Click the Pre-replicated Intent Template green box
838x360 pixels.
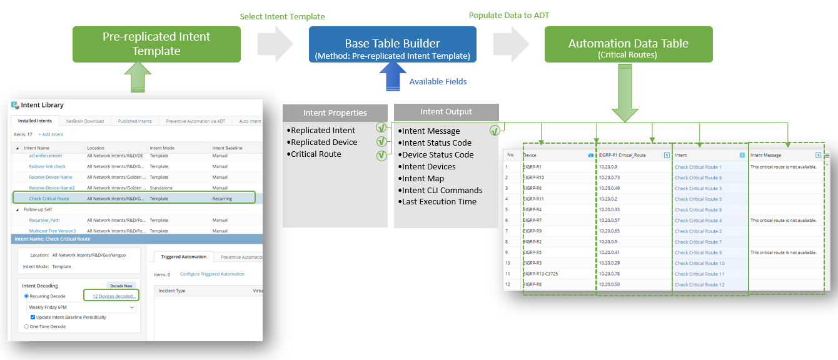(156, 44)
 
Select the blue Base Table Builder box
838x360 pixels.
(392, 44)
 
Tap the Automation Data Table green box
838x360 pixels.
(628, 44)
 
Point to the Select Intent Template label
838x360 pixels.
(282, 16)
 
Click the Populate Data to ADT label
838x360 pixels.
(510, 14)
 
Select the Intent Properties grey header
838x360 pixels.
(335, 113)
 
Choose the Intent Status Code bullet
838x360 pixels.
(436, 142)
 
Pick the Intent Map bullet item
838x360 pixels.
(423, 178)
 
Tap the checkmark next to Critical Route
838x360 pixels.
(381, 154)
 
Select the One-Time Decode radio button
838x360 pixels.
(26, 326)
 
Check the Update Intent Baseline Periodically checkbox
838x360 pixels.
(33, 317)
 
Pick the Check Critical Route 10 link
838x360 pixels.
(699, 263)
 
